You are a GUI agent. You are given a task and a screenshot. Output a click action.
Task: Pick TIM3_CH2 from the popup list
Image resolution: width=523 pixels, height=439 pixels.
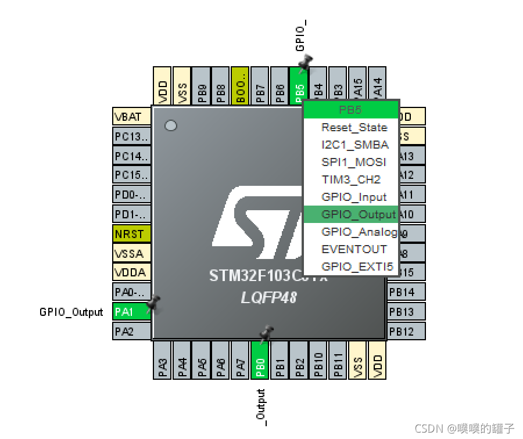pyautogui.click(x=351, y=179)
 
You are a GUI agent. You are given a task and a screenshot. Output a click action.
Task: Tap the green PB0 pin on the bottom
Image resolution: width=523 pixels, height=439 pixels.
pyautogui.click(x=261, y=359)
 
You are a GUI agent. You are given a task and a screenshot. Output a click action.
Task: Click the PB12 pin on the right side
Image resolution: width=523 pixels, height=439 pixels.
pyautogui.click(x=406, y=332)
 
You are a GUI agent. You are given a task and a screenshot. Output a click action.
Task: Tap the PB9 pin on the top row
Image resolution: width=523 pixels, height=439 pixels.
pyautogui.click(x=202, y=86)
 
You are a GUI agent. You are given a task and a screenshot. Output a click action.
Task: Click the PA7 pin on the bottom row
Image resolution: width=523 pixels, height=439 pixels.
pyautogui.click(x=241, y=359)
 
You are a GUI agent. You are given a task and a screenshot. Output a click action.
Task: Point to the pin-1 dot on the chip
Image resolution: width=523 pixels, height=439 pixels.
pyautogui.click(x=171, y=125)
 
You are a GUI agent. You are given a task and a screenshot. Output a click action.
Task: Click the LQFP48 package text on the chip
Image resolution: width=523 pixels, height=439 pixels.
pyautogui.click(x=269, y=297)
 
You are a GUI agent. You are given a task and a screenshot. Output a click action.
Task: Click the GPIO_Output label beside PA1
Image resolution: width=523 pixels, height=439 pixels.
pyautogui.click(x=71, y=312)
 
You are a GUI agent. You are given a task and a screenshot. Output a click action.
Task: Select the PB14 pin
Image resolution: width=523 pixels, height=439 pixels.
pyautogui.click(x=406, y=292)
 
